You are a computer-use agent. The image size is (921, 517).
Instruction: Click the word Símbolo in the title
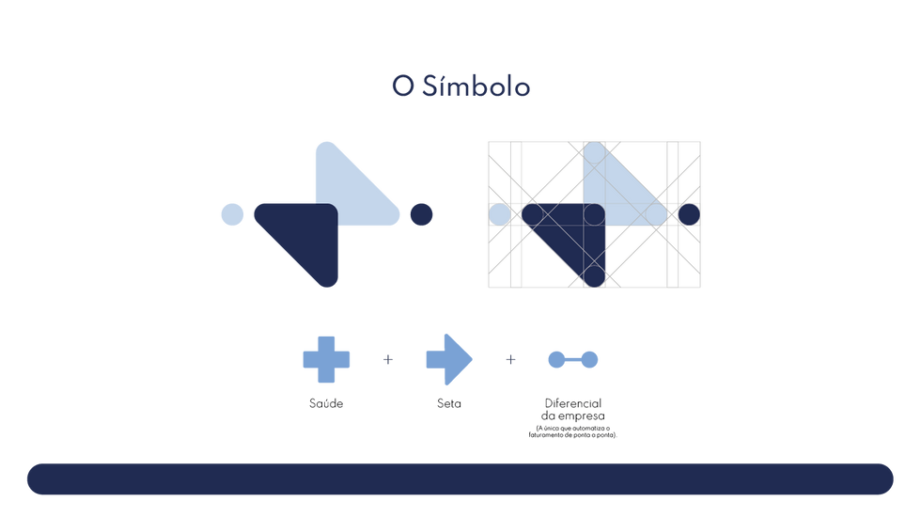pos(476,87)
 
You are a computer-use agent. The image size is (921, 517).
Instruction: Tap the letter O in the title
pos(402,87)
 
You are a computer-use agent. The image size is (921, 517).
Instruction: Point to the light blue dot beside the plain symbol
pos(232,214)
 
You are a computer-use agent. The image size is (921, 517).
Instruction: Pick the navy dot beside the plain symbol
pos(420,214)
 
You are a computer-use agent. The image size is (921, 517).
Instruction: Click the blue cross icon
pos(326,359)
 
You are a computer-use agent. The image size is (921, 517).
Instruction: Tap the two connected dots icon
pos(572,359)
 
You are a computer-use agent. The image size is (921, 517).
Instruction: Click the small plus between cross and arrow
pos(388,359)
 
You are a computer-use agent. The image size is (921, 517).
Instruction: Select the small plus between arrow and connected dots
pos(510,359)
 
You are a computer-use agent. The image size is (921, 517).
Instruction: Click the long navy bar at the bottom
pos(460,478)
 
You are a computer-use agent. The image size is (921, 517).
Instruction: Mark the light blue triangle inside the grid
pos(625,193)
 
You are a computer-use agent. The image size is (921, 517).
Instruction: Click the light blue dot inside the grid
pos(500,214)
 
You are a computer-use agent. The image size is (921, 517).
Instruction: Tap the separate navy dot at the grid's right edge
pos(689,214)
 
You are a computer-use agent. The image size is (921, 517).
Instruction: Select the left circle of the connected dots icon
pos(555,359)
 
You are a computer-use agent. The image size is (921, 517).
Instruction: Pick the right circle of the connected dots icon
pos(590,359)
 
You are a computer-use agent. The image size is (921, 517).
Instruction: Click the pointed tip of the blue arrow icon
pos(473,359)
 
